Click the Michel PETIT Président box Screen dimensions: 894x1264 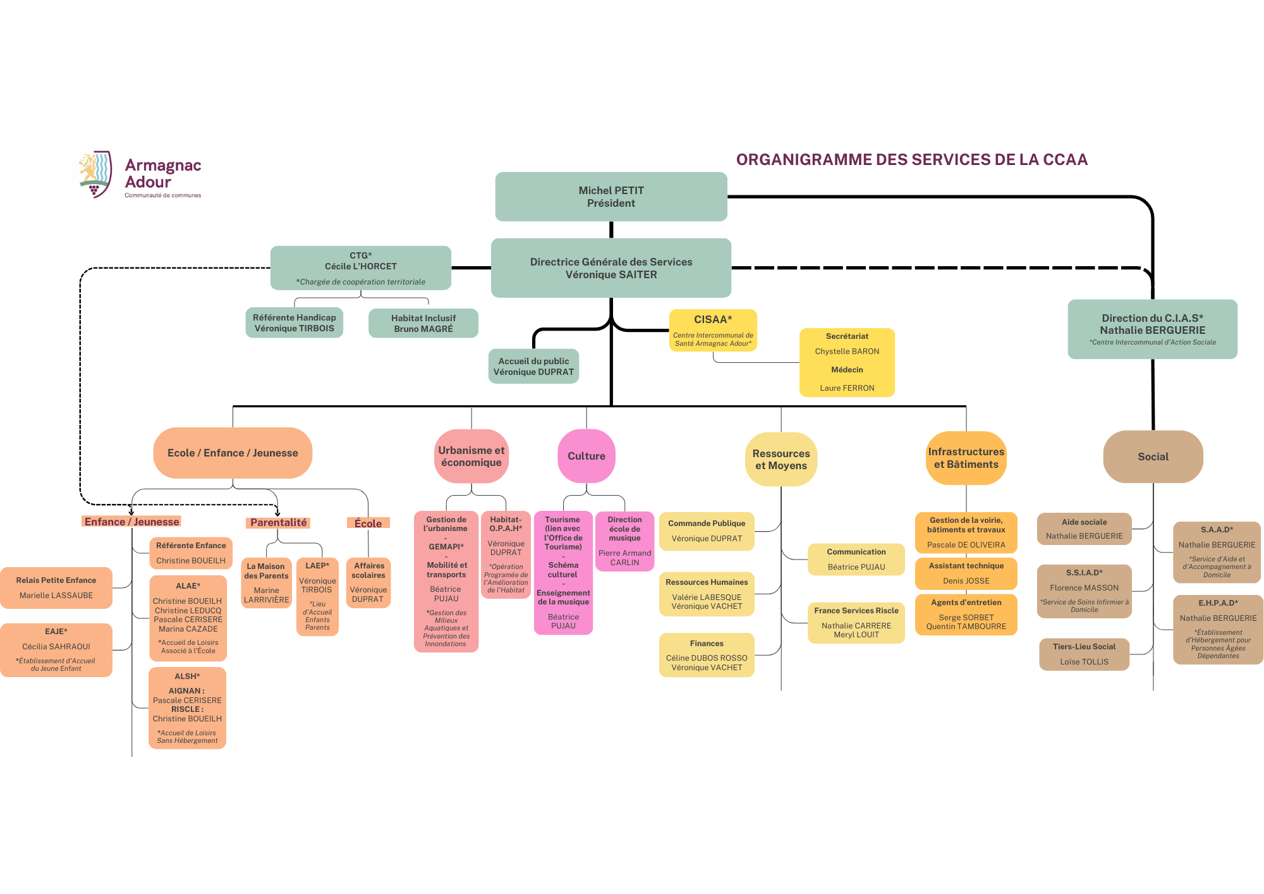611,197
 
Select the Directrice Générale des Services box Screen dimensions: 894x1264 611,268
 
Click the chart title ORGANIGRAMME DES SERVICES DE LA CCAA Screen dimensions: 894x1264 911,160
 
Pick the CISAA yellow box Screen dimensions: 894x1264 713,330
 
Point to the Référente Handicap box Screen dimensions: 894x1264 294,323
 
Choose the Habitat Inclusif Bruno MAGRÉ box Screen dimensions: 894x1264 423,324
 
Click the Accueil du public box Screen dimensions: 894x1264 533,367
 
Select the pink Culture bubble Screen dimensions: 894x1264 586,456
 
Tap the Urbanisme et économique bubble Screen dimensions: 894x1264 471,456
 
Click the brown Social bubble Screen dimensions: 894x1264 1153,456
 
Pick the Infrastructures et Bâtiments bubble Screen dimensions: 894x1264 966,458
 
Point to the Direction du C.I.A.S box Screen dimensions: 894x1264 1152,329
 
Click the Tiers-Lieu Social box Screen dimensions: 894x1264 1084,654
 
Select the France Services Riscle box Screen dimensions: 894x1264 856,623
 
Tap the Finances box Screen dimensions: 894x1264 707,655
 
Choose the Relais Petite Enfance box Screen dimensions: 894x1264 56,588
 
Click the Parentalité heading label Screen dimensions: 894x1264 278,522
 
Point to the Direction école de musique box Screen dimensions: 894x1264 624,541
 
